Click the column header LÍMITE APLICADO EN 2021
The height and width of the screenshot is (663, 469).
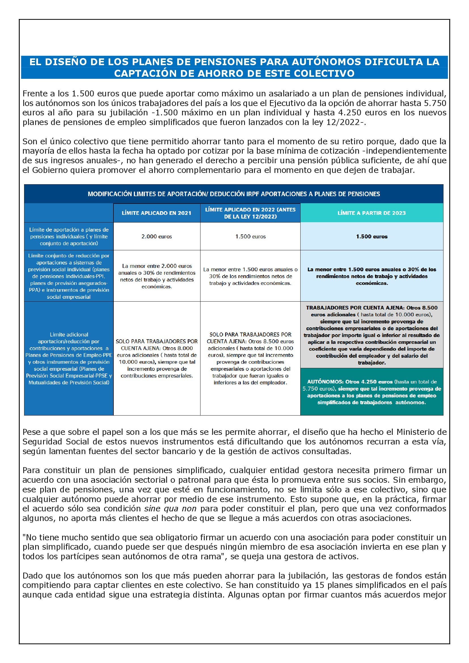pos(156,213)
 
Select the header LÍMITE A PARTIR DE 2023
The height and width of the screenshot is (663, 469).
pos(371,213)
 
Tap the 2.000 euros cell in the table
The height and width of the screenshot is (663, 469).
pos(157,236)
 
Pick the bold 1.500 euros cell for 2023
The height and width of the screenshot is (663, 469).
pos(372,236)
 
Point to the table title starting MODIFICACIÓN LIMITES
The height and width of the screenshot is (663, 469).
pos(234,194)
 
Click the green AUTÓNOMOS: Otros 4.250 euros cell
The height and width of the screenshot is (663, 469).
pos(372,392)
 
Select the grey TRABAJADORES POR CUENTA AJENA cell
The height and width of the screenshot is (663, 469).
pos(372,335)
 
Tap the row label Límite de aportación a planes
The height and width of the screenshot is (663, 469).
pos(69,236)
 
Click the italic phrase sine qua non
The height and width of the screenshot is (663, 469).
pos(170,509)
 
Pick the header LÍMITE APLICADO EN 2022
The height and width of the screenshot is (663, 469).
pos(250,213)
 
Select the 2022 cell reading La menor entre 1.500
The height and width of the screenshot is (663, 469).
pos(250,276)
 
